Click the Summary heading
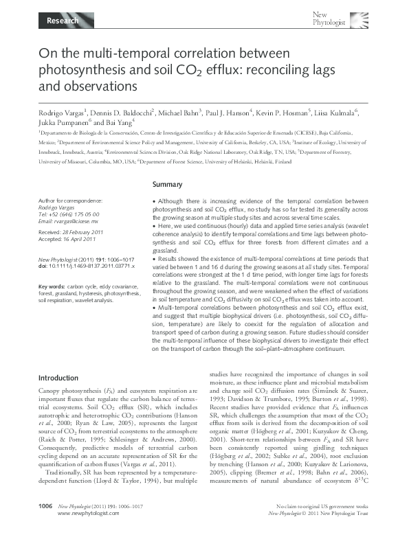166,185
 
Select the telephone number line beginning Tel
69,215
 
